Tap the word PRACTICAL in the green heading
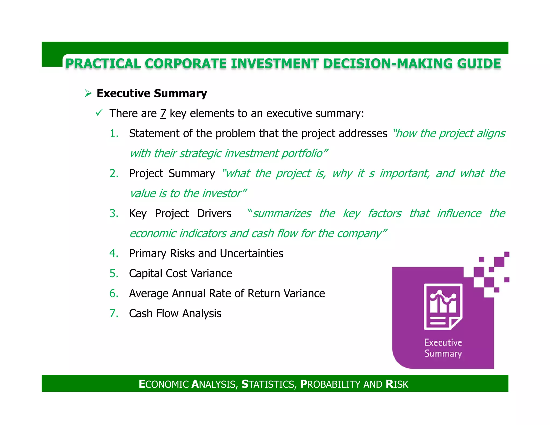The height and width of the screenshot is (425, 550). pos(103,64)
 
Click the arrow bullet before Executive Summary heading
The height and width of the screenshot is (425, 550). pos(88,93)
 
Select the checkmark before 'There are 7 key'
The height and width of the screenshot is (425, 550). pos(99,113)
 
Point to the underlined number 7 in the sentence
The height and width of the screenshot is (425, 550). pos(163,113)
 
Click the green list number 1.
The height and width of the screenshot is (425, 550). pos(114,134)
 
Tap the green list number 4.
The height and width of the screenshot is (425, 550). pos(114,253)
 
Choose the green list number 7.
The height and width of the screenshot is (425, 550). pos(114,314)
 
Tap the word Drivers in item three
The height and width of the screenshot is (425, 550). pos(214,214)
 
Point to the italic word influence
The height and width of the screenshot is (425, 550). pos(459,214)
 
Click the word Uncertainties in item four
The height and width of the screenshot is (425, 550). pos(251,253)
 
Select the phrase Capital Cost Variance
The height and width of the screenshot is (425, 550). pos(180,273)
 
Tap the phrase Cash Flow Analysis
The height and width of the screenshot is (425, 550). pos(175,314)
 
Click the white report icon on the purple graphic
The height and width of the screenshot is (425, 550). pos(443,306)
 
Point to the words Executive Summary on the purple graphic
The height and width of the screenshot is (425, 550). pos(443,348)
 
